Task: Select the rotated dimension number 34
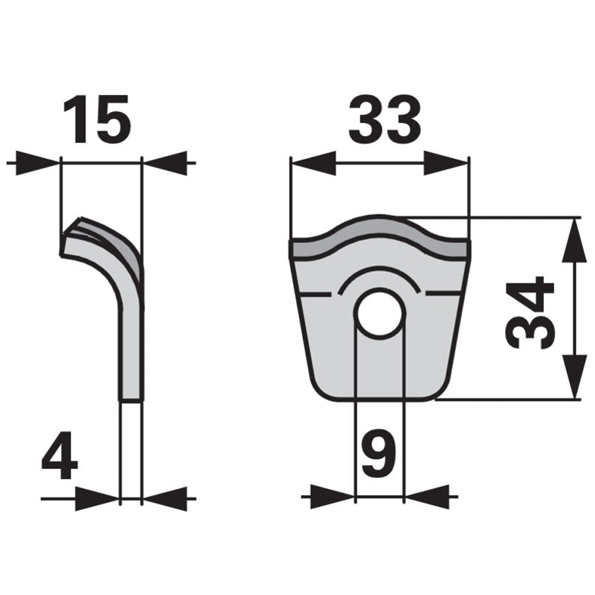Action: (530, 313)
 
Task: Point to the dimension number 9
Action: (379, 454)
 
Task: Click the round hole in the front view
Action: (380, 314)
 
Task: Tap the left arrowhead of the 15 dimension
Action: (38, 163)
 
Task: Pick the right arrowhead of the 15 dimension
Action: (165, 163)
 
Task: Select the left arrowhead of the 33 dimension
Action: (313, 163)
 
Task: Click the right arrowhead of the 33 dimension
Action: (446, 163)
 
